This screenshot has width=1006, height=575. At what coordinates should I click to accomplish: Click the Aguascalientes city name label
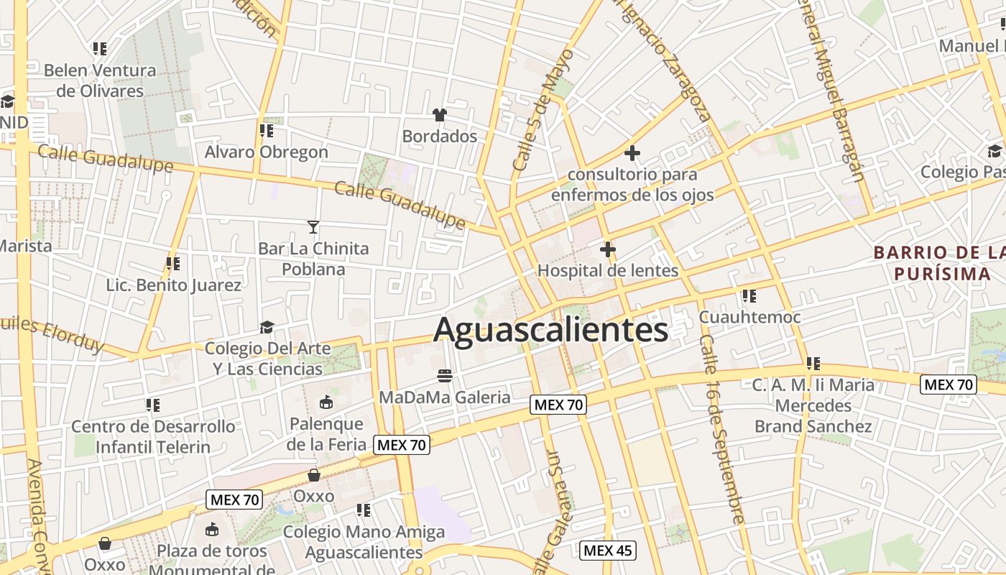(x=550, y=330)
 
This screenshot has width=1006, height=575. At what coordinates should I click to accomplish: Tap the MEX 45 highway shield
(x=607, y=551)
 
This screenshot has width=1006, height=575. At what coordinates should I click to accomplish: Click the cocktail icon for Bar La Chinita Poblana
(x=313, y=227)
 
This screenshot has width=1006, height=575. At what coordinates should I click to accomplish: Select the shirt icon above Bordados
(x=440, y=114)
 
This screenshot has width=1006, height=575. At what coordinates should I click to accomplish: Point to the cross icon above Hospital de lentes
(x=607, y=249)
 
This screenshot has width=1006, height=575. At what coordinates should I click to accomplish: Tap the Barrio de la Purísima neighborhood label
(x=938, y=263)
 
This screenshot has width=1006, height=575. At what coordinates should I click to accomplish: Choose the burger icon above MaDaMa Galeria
(x=445, y=375)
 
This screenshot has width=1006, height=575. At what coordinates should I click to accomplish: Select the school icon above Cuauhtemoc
(x=749, y=295)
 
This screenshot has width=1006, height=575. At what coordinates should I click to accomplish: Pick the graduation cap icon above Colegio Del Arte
(x=267, y=327)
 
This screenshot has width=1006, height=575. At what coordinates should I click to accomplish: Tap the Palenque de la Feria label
(x=326, y=433)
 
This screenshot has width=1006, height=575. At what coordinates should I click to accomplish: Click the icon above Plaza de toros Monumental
(x=212, y=530)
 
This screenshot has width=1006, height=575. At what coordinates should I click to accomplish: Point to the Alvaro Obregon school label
(x=266, y=152)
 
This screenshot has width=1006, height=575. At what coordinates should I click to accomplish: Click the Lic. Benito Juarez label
(x=174, y=285)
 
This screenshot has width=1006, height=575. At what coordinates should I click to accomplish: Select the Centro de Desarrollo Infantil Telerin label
(x=153, y=436)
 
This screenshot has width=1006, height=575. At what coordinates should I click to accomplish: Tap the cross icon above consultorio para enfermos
(x=632, y=153)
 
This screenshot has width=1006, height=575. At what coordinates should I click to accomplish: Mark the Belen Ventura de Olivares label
(x=100, y=80)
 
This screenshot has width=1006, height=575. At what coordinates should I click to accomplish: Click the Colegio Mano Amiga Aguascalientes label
(x=364, y=542)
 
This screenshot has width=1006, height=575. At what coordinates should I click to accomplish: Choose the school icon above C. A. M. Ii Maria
(x=813, y=364)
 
